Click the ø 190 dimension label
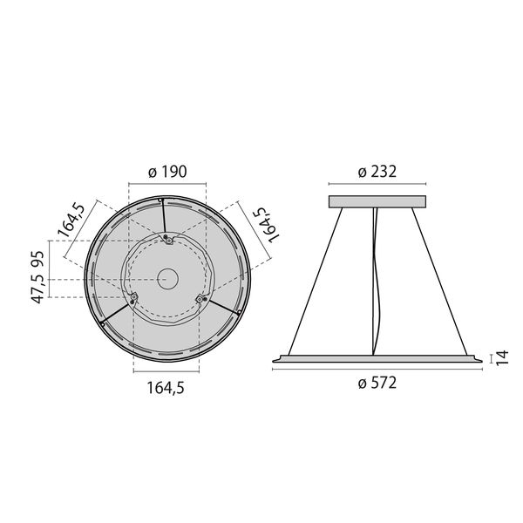click(x=167, y=172)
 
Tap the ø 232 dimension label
click(x=377, y=172)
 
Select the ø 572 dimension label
click(x=377, y=383)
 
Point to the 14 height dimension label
click(x=502, y=358)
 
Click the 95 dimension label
click(x=37, y=259)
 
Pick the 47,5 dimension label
click(x=37, y=289)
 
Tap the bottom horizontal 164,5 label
click(x=166, y=388)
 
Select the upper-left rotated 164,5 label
click(x=71, y=221)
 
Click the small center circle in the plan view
click(x=167, y=279)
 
